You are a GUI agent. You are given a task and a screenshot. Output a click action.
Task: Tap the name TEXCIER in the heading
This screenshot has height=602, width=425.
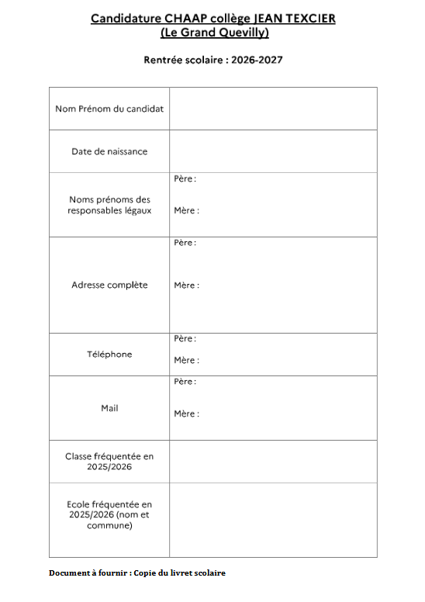coord(309,18)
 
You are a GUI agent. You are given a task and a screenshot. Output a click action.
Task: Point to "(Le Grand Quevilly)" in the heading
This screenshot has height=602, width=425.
coord(213,33)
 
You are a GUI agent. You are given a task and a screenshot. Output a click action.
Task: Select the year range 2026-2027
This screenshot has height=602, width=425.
coord(257,60)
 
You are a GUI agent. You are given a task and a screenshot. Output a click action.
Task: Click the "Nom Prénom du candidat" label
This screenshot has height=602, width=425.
coord(109,109)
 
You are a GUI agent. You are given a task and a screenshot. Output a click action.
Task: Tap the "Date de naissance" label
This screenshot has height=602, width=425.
coord(109,151)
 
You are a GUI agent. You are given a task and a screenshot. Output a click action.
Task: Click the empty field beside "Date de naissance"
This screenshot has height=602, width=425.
coord(273,151)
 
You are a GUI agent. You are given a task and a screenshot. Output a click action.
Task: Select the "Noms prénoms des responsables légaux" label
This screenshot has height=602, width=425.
coord(109,205)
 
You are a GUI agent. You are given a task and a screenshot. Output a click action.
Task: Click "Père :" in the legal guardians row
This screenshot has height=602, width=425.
coord(185,179)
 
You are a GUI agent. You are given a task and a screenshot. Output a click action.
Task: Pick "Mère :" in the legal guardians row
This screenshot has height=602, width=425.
coord(186,210)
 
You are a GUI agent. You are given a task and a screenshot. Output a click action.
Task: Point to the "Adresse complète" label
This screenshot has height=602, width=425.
coord(109,285)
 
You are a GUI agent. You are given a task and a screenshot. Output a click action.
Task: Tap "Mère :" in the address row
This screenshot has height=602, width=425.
coord(186,285)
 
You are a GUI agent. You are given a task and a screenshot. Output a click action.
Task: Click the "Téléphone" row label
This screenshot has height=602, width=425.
coord(109,355)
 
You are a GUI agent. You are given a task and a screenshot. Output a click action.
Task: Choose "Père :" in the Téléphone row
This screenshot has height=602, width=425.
coord(185,339)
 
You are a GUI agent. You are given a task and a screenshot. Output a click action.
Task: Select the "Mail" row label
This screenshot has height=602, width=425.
coord(109,408)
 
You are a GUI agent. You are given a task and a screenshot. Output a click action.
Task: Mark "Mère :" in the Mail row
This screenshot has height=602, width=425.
coord(186,413)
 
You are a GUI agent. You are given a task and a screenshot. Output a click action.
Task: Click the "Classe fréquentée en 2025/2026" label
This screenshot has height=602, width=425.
coord(109,462)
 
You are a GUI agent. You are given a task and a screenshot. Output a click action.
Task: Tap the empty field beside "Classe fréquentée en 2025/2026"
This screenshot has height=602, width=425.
coord(273,462)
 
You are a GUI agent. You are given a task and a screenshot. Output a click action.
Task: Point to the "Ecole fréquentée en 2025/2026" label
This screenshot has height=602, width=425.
coord(109,515)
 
